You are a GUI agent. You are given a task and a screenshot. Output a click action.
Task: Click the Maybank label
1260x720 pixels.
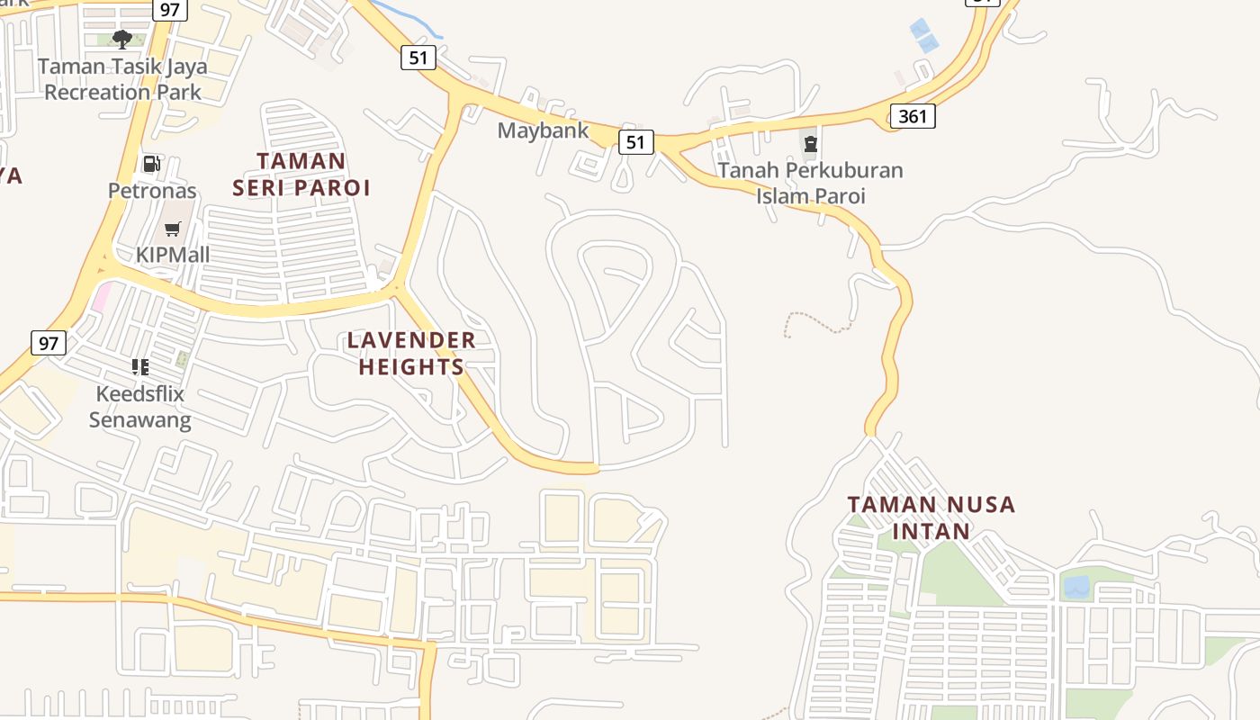[543, 130]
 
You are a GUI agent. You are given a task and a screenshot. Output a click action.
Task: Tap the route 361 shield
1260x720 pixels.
[913, 115]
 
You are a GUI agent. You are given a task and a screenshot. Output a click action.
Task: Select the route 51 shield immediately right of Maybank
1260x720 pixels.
[635, 141]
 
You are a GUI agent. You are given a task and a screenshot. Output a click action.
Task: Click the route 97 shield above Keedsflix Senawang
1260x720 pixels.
[49, 342]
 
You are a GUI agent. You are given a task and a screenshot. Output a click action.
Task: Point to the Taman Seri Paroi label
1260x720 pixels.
[301, 174]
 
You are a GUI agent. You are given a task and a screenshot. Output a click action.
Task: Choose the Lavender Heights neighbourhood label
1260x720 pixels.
[411, 353]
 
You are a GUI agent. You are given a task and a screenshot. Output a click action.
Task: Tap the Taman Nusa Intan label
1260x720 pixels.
[931, 517]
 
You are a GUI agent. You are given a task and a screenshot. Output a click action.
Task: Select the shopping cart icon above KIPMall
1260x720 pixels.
[173, 229]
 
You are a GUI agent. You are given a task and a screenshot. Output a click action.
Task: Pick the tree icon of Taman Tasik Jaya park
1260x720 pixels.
[122, 39]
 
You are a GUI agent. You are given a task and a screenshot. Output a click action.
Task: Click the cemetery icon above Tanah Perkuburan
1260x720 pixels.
[810, 144]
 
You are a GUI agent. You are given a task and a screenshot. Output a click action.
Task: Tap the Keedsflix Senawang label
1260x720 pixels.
[139, 407]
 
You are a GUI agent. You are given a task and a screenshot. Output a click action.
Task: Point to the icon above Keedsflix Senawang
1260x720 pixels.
[139, 366]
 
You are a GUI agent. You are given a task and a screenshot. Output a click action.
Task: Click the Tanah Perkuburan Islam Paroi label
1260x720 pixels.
[810, 183]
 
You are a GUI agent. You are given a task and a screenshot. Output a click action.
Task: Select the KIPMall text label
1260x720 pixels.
[173, 255]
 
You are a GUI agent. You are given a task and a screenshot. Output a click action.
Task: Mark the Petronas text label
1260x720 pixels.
[152, 190]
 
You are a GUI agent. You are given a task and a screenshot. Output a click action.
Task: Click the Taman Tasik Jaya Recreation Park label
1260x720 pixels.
[122, 79]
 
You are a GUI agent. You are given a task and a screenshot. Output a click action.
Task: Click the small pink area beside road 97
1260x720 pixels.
[101, 296]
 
